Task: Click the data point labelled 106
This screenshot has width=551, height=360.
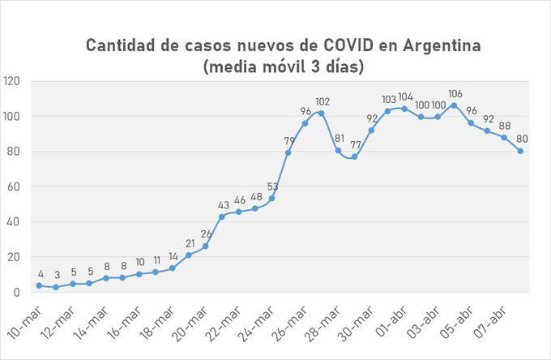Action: pos(454,105)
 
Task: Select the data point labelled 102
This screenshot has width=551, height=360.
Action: pos(322,113)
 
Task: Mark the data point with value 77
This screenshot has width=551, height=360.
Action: pos(354,156)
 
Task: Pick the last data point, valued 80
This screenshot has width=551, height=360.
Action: pos(520,151)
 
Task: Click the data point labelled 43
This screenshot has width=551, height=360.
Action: pos(222,216)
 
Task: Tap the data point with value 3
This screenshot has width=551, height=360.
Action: pos(55,287)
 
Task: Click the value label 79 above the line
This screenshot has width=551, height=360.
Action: pos(288,141)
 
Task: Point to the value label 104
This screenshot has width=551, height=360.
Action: pos(406,97)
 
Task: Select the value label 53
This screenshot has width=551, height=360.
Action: pos(272,187)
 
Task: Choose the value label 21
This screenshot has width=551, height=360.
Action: pos(190,243)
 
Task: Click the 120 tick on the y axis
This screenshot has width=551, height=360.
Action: pos(13,81)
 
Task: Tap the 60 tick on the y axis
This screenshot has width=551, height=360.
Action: pos(15,186)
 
